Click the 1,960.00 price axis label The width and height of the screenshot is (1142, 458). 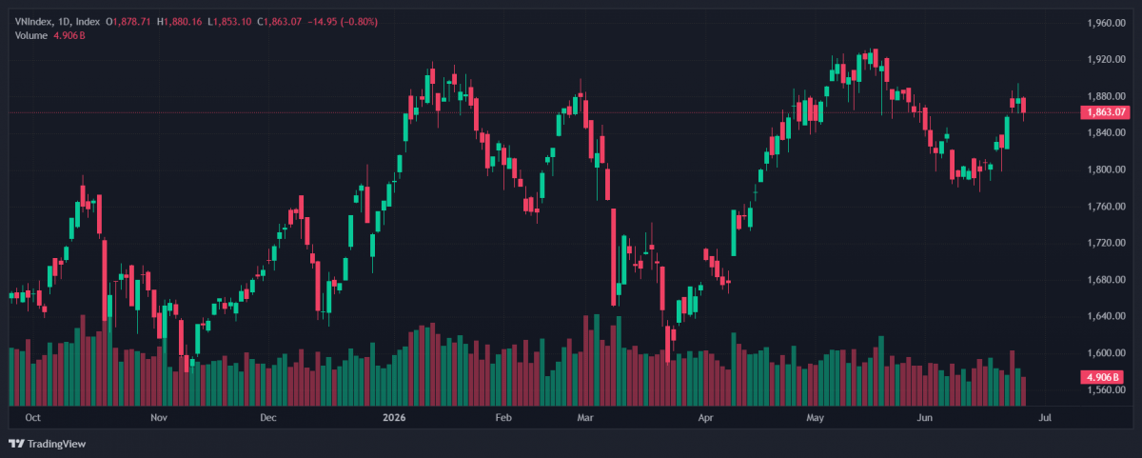(1106, 23)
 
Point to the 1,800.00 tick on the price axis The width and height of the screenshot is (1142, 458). (1106, 169)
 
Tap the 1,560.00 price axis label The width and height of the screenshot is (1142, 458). (1106, 389)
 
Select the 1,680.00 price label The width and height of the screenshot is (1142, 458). (1106, 280)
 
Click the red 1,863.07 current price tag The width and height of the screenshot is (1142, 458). (1105, 112)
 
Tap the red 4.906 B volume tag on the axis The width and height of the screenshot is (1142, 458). (1102, 377)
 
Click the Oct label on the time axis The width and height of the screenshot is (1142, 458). (32, 418)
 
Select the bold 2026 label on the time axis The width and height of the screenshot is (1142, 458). (394, 418)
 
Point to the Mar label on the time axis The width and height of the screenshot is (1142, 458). (584, 418)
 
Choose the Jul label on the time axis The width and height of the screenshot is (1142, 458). (1045, 418)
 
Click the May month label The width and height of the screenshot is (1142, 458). (815, 418)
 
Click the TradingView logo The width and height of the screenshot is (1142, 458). (48, 444)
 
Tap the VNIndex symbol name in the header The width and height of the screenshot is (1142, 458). (33, 22)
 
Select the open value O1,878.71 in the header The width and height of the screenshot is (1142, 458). (128, 22)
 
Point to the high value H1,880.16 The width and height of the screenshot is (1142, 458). (179, 22)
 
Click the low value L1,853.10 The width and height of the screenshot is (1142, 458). (229, 22)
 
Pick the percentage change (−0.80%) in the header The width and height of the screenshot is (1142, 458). (359, 22)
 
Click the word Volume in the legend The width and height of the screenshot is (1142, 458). (30, 35)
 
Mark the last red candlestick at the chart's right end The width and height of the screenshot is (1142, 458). (1023, 106)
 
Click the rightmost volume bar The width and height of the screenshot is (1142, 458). (1023, 391)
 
